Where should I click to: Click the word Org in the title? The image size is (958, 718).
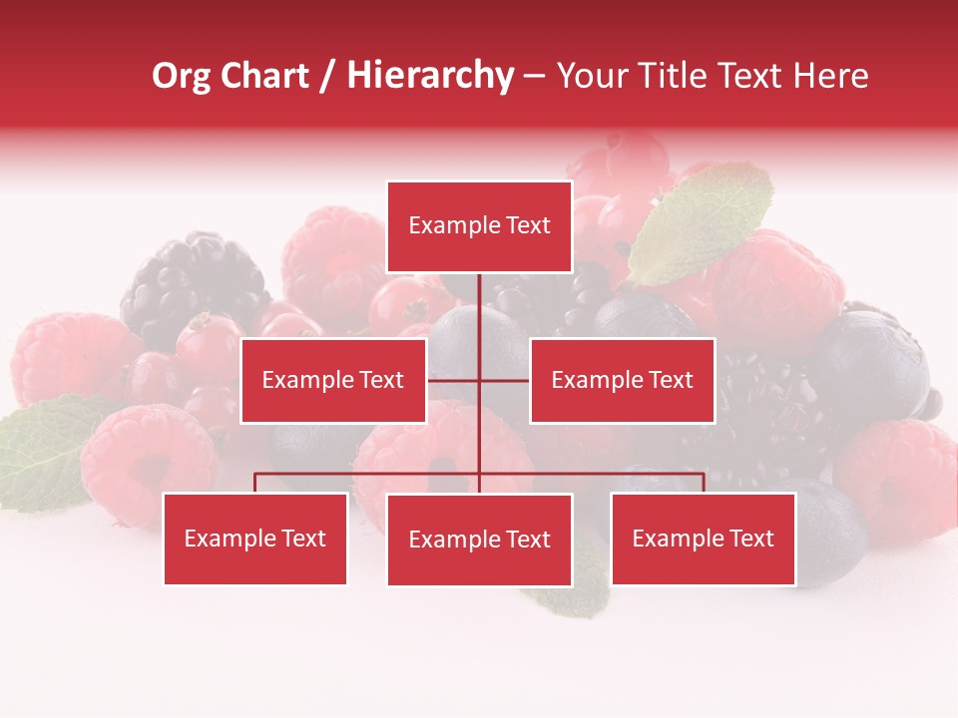[182, 77]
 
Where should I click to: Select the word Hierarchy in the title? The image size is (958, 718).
[429, 77]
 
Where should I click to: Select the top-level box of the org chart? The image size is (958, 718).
[479, 226]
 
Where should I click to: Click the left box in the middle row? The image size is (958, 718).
[333, 380]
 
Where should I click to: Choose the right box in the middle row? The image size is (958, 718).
[622, 380]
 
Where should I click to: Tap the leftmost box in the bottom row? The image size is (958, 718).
[255, 538]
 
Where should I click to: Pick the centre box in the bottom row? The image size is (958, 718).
[479, 539]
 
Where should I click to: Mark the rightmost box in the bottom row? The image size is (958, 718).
[703, 538]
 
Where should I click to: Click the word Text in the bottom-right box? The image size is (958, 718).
[751, 538]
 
